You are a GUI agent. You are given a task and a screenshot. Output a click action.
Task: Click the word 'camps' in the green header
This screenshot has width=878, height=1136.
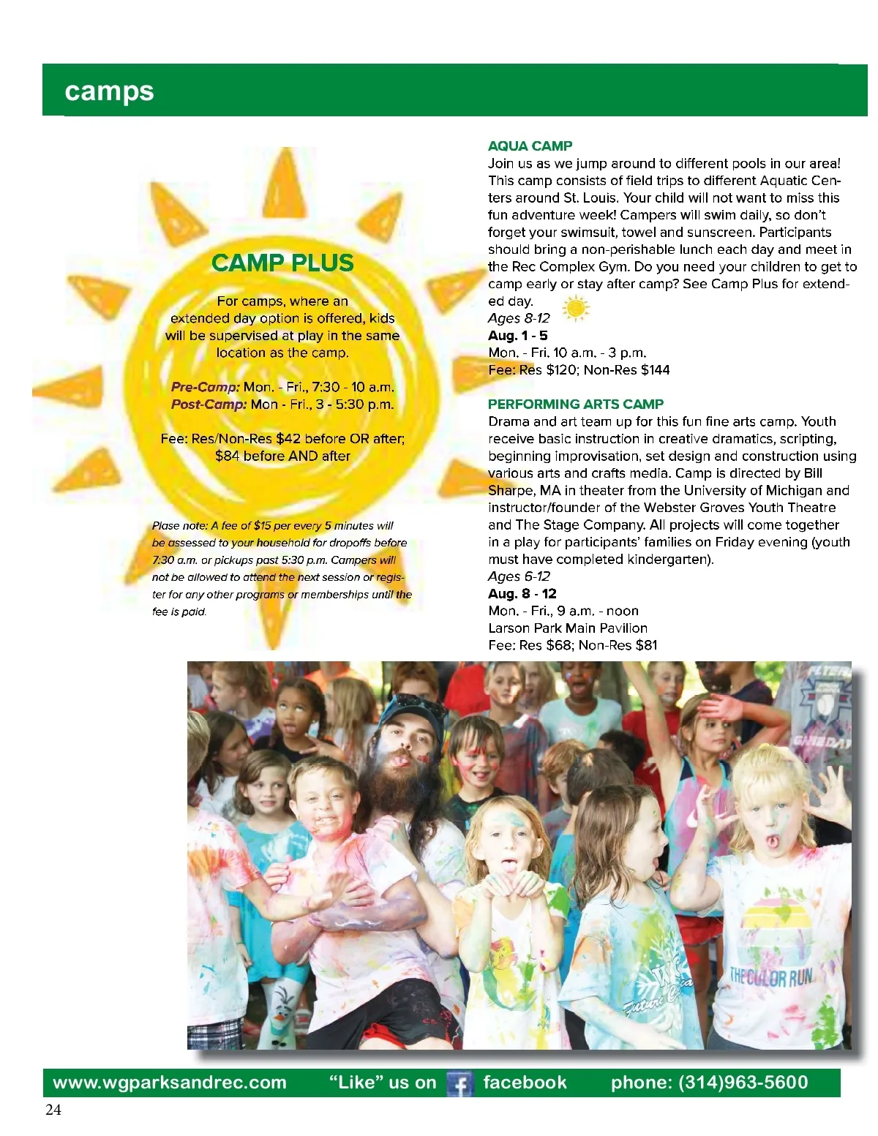[x=109, y=91]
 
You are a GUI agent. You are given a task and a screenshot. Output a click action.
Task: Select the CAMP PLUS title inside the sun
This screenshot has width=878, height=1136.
[x=282, y=263]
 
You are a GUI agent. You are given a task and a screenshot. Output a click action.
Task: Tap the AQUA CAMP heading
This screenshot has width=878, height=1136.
[x=530, y=146]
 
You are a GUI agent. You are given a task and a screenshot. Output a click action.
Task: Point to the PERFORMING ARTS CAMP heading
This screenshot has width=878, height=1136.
[x=575, y=404]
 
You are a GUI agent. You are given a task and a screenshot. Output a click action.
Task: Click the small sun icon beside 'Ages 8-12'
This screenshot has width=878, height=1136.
[x=576, y=309]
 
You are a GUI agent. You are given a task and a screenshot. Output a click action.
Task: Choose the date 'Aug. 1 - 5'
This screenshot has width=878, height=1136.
[x=517, y=336]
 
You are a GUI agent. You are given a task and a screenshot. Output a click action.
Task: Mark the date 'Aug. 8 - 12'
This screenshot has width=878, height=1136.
[x=522, y=594]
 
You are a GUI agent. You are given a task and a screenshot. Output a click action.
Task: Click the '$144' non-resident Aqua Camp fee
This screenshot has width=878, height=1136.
[x=655, y=370]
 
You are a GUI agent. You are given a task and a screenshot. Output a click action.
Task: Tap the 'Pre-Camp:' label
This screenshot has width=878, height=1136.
[x=206, y=387]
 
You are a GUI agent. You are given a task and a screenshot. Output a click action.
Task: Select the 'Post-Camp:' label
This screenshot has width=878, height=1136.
[x=209, y=405]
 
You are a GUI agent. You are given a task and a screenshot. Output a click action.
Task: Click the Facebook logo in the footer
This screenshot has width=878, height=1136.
[x=459, y=1083]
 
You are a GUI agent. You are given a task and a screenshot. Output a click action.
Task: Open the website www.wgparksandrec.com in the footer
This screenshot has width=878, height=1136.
[x=170, y=1083]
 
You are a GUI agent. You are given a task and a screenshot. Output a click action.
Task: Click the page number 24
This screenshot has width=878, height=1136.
[x=53, y=1110]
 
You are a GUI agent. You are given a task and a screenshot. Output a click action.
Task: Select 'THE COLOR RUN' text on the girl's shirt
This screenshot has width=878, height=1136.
[x=770, y=977]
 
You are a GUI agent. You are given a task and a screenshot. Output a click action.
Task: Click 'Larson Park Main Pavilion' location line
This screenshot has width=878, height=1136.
[x=568, y=628]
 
